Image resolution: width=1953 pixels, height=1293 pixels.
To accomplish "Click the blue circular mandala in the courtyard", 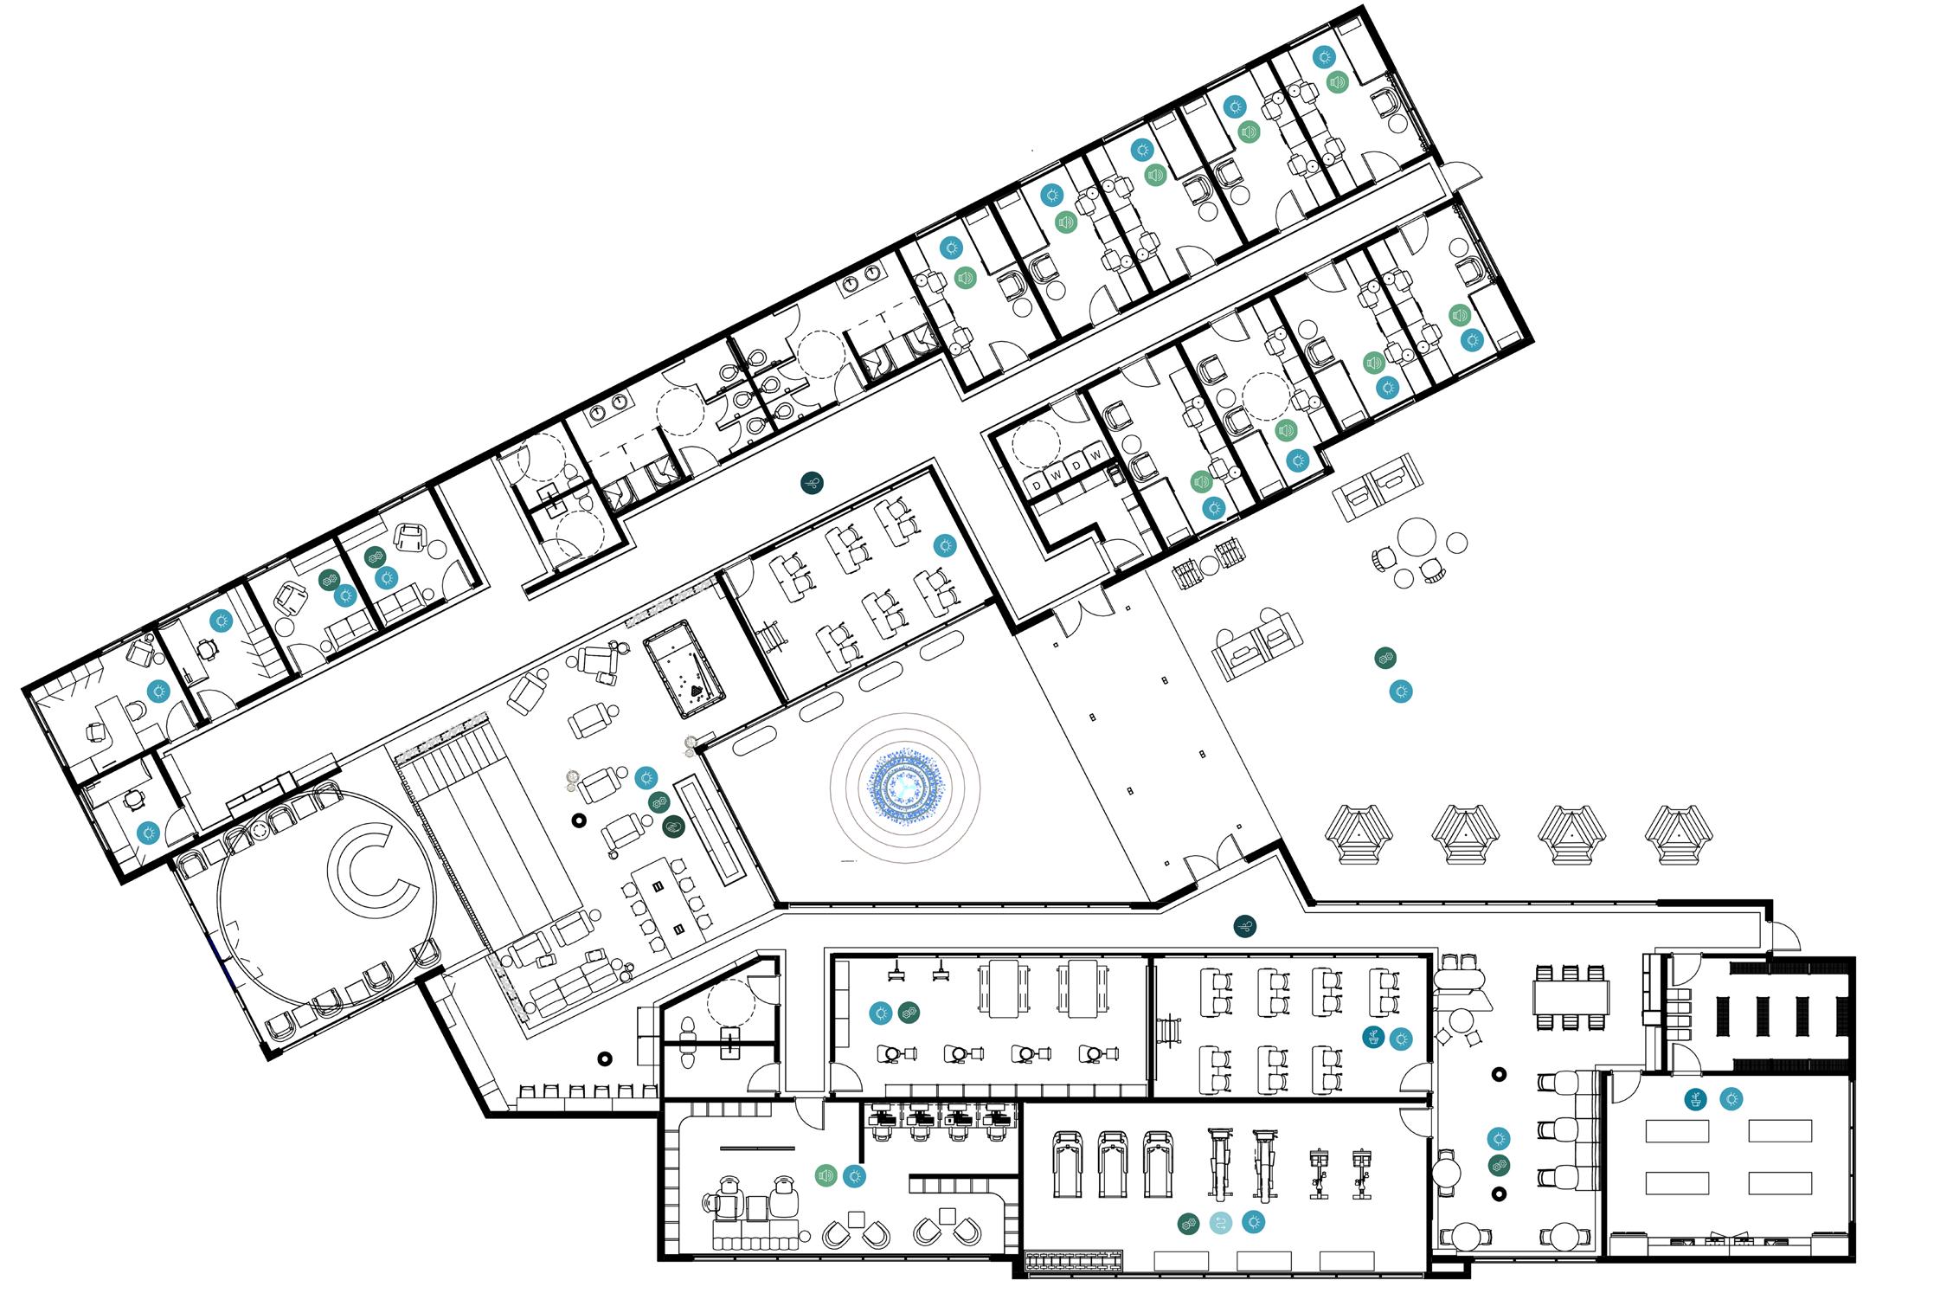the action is pyautogui.click(x=905, y=788).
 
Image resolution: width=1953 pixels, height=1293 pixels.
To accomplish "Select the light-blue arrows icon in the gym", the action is pyautogui.click(x=1220, y=1223).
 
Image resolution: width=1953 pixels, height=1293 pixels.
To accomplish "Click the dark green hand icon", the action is pyautogui.click(x=672, y=827).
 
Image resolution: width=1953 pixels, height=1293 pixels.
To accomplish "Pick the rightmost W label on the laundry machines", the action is pyautogui.click(x=1095, y=455).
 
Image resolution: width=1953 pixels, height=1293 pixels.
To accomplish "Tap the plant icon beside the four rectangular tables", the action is pyautogui.click(x=1696, y=1099).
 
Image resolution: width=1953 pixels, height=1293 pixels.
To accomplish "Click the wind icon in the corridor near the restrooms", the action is pyautogui.click(x=812, y=483).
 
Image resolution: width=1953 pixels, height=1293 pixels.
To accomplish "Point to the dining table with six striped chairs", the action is pyautogui.click(x=1571, y=996).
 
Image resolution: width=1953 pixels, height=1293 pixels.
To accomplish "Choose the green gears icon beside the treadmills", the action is pyautogui.click(x=1188, y=1223).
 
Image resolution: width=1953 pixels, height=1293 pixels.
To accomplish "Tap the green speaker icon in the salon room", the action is pyautogui.click(x=826, y=1175).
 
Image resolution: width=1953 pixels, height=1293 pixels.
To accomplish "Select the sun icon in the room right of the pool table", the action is pyautogui.click(x=944, y=545).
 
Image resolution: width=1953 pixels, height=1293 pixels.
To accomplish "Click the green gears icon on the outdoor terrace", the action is pyautogui.click(x=1384, y=659).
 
